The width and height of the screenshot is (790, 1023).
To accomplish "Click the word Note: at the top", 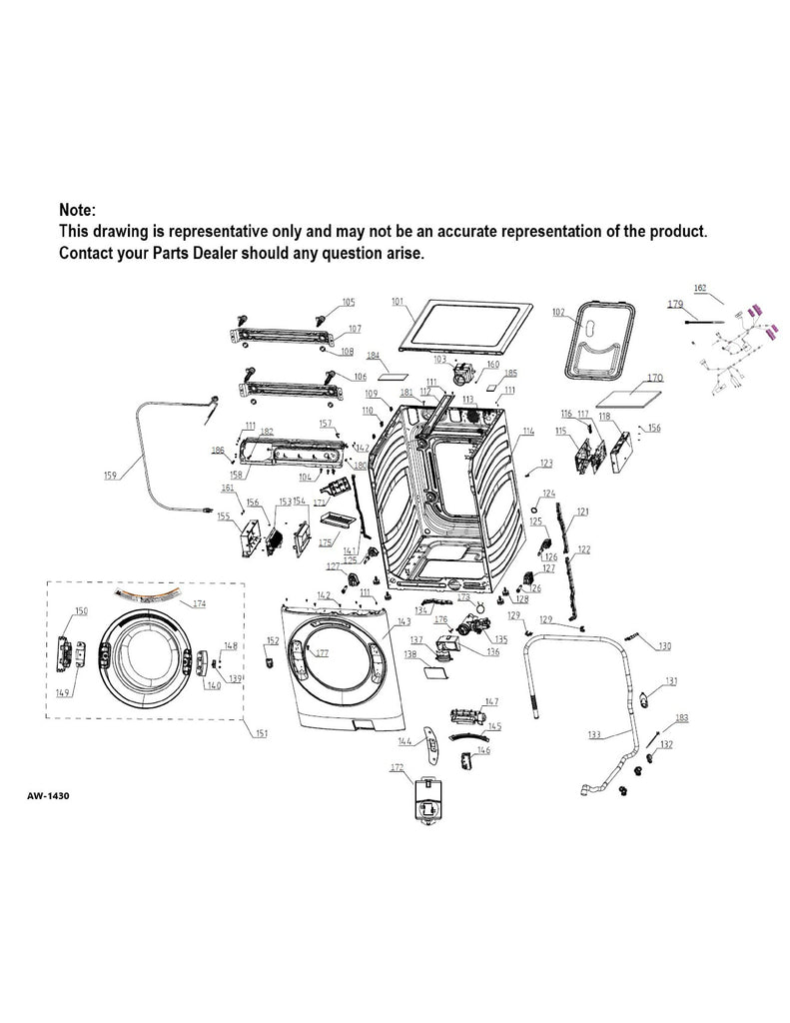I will pyautogui.click(x=78, y=211).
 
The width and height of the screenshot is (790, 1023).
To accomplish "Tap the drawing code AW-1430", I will pyautogui.click(x=47, y=797).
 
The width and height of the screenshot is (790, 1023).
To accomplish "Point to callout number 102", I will pyautogui.click(x=559, y=312).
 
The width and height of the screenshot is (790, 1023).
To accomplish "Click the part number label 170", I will pyautogui.click(x=654, y=379).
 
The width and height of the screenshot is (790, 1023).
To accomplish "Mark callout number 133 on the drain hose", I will pyautogui.click(x=595, y=734).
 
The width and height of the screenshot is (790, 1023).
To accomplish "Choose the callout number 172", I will pyautogui.click(x=396, y=767).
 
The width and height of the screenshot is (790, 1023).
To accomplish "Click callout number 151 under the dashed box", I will pyautogui.click(x=261, y=734).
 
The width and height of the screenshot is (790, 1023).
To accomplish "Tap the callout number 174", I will pyautogui.click(x=199, y=604).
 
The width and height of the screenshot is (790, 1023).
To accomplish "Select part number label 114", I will pyautogui.click(x=527, y=431).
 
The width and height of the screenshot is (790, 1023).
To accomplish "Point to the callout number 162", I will pyautogui.click(x=700, y=289).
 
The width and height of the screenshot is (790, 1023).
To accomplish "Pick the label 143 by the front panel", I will pyautogui.click(x=402, y=621).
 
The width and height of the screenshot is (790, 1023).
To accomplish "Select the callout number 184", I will pyautogui.click(x=374, y=356).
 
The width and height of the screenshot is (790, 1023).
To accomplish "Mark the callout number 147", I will pyautogui.click(x=491, y=702).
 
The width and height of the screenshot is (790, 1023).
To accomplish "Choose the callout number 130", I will pyautogui.click(x=664, y=645).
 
